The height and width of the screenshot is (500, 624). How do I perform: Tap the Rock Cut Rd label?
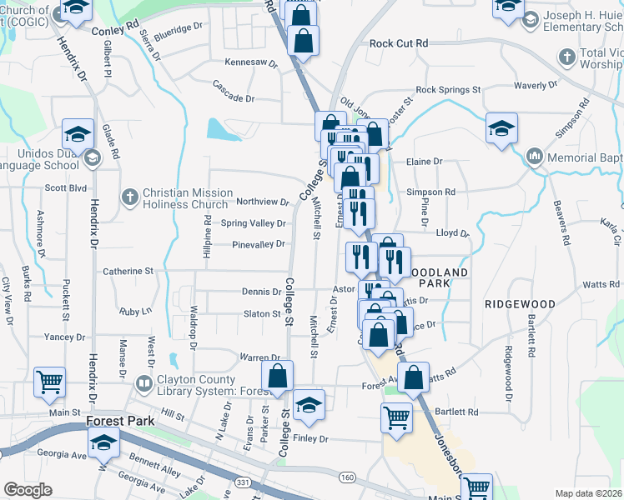(398, 43)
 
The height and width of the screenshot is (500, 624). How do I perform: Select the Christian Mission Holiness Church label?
(185, 198)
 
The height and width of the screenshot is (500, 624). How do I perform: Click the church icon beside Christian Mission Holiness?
(129, 197)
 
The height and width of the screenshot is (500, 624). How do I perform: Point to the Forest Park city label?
(120, 422)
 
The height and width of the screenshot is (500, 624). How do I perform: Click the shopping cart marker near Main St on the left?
(49, 382)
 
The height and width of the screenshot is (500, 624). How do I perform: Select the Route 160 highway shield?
(348, 477)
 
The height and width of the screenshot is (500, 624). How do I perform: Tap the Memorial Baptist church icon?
(535, 157)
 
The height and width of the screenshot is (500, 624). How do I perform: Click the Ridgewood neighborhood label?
(520, 305)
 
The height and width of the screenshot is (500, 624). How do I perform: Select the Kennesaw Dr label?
(250, 62)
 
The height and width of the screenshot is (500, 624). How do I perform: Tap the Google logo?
(28, 490)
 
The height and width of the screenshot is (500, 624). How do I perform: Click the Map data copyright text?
(589, 493)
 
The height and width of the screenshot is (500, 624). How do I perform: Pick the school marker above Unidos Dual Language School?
(78, 133)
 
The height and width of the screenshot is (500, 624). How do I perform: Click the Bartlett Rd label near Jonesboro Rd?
(455, 412)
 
